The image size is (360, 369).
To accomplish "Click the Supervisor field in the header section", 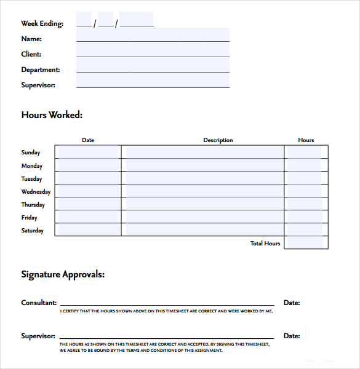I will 153,82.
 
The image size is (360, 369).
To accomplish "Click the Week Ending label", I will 42,23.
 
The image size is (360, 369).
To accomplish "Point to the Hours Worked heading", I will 52,114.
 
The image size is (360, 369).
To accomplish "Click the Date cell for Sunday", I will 88,152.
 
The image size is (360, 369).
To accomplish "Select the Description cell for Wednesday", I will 203,191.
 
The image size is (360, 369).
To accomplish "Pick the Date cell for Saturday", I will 88,229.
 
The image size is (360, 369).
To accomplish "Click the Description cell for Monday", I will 203,165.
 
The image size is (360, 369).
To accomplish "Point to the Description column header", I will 218,140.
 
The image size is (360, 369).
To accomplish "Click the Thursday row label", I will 33,205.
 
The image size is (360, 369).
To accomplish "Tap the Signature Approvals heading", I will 63,274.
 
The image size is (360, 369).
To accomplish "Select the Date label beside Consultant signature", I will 292,303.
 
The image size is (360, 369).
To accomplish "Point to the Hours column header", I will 306,140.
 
